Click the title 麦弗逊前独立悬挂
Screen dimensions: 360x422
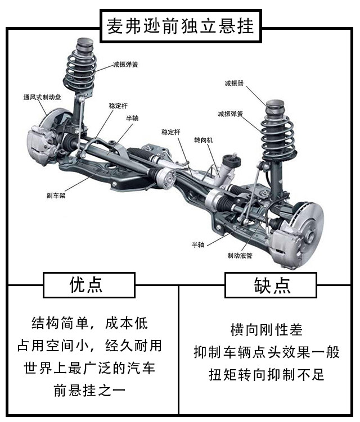point(181,26)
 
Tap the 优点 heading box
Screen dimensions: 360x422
point(89,285)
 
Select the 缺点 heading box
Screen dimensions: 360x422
point(271,285)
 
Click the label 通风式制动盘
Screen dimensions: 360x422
point(42,97)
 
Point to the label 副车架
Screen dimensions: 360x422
point(56,196)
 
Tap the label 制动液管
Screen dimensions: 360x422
point(240,256)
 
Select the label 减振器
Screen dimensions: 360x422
point(234,83)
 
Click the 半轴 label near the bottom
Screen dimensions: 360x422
point(198,244)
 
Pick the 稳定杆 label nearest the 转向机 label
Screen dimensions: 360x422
point(171,132)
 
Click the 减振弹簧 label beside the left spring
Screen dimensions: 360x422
point(125,64)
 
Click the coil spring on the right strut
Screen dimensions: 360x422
point(278,139)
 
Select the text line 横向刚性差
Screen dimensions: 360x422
point(267,330)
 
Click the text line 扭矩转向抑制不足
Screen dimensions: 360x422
point(267,374)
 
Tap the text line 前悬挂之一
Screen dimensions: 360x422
point(89,391)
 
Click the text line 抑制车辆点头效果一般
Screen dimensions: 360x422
point(267,352)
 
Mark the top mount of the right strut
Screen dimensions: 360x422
point(275,107)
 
